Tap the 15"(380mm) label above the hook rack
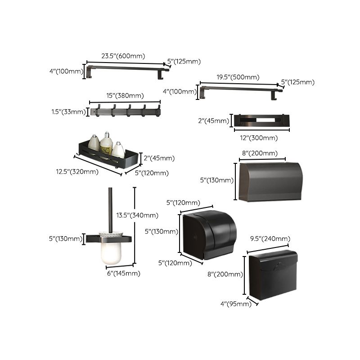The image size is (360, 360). [125, 95]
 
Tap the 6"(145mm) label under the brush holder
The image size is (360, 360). [122, 273]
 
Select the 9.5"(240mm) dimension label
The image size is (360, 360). [270, 238]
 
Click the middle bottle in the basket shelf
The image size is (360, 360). [107, 144]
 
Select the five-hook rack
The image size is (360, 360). [125, 111]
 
